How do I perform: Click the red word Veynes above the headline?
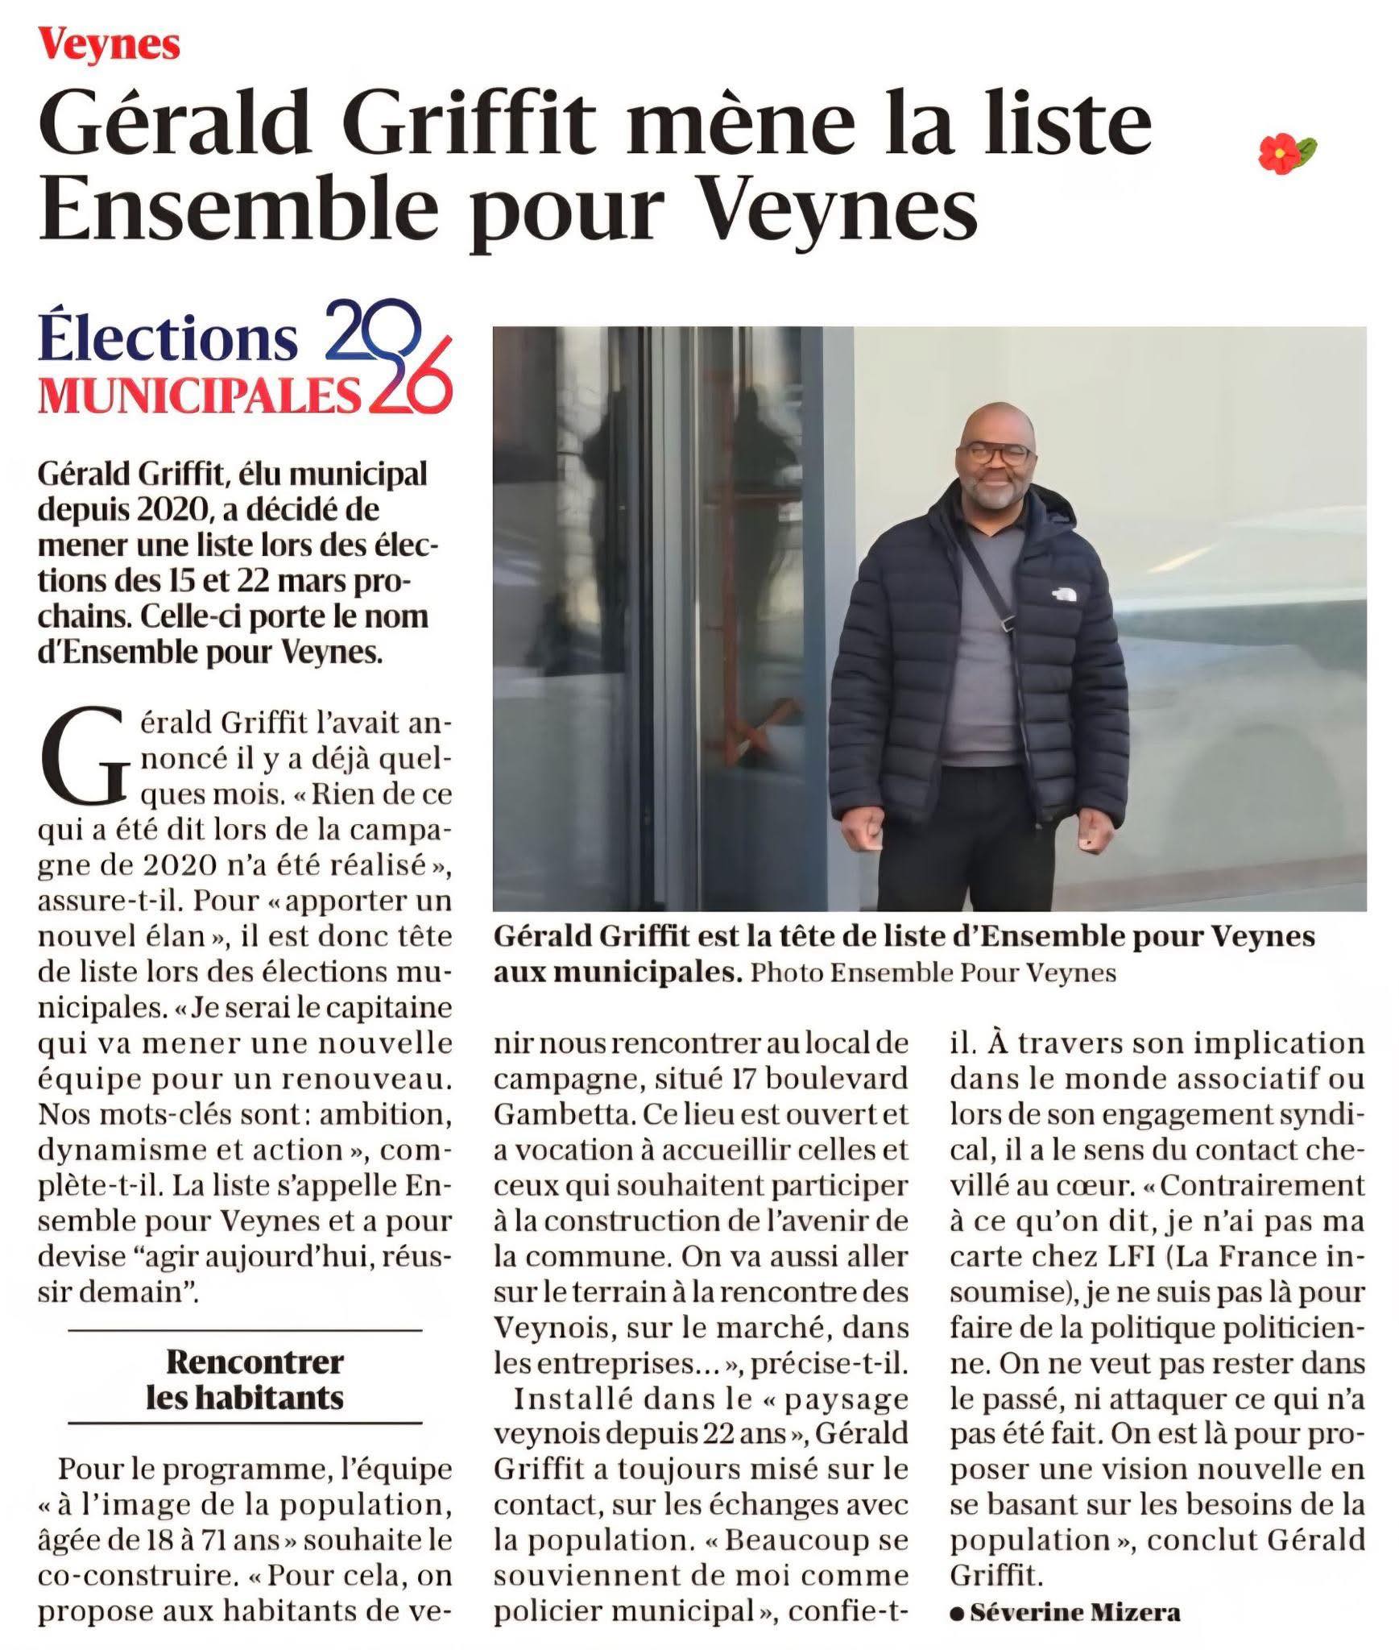[110, 46]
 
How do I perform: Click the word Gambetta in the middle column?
[555, 1114]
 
